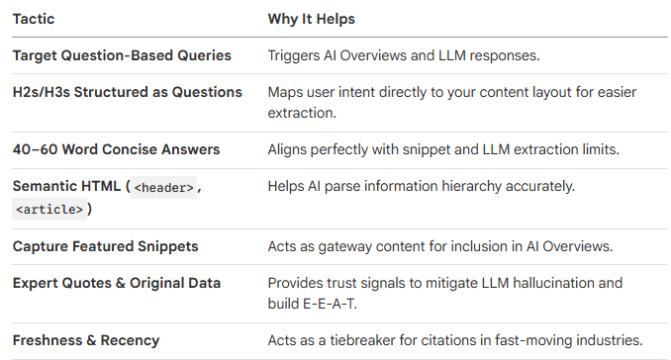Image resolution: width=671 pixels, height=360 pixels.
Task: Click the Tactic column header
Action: click(x=35, y=19)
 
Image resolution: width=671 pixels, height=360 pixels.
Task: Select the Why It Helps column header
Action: click(x=313, y=19)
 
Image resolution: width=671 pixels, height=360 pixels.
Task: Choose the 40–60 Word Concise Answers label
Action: click(x=116, y=149)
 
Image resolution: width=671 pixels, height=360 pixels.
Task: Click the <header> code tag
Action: click(x=163, y=187)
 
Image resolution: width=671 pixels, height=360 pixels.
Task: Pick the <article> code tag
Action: click(x=47, y=209)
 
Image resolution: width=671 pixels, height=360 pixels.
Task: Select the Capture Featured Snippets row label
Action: click(x=104, y=246)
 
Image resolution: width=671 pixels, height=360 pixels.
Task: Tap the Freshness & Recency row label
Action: click(x=86, y=340)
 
